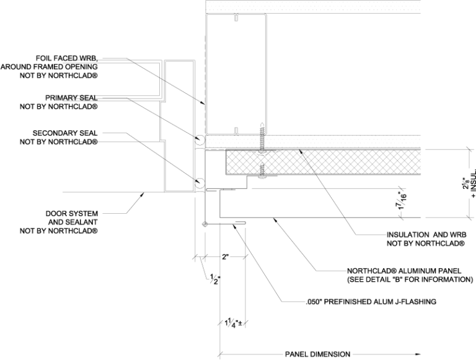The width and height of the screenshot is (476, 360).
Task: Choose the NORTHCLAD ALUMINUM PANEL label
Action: point(407,271)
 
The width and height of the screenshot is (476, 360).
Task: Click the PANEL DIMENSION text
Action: point(317,354)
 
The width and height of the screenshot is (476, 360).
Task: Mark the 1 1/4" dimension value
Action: point(231,322)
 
